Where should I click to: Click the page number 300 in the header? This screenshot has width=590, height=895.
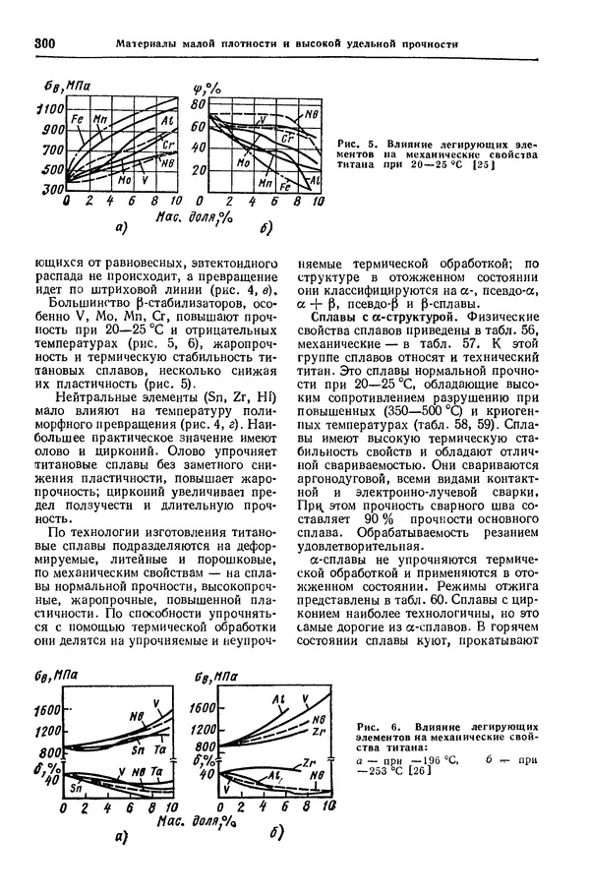click(x=47, y=43)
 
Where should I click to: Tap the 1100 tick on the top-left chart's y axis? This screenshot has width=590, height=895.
click(x=51, y=109)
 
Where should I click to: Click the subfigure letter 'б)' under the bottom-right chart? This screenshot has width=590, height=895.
click(x=276, y=835)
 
